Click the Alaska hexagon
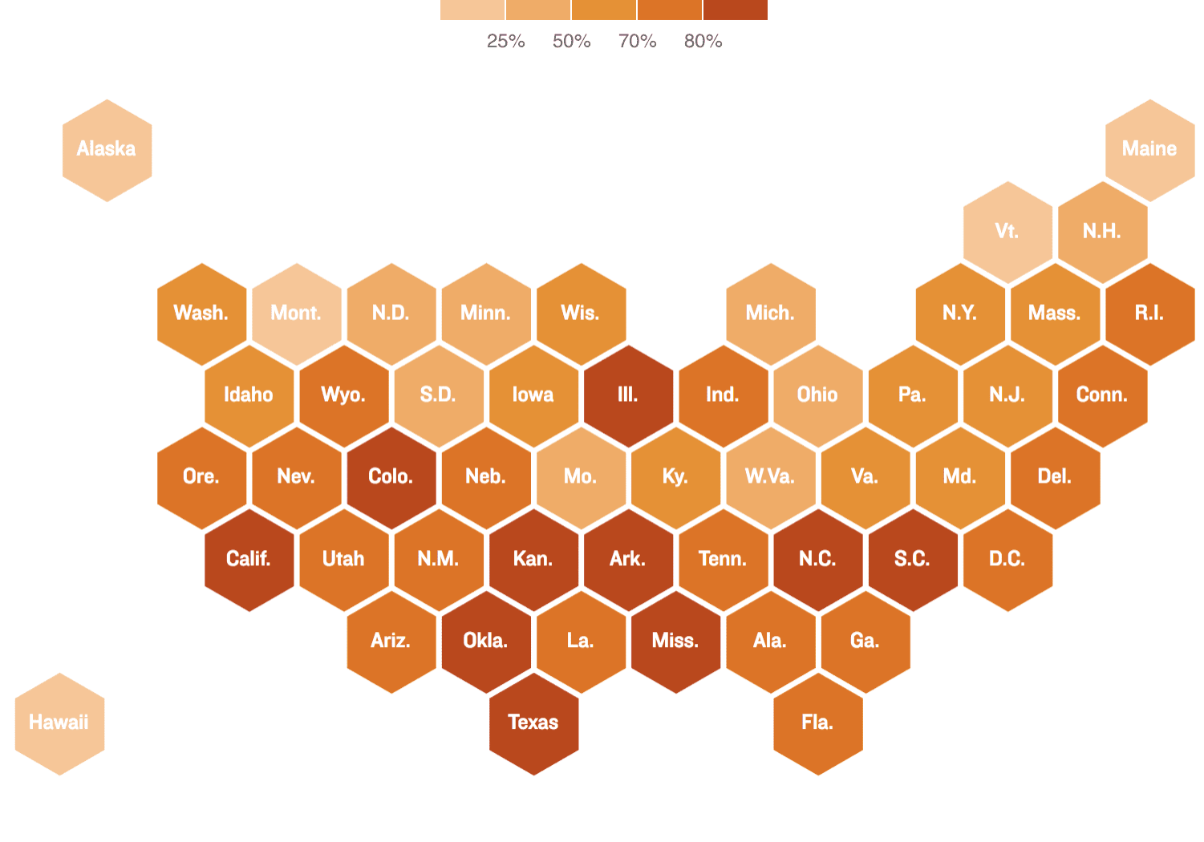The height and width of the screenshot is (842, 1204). pos(107,150)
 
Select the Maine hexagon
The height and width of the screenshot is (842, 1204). pos(1149,150)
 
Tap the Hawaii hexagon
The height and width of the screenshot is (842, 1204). pos(59,723)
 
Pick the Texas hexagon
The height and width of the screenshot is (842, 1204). pos(533,723)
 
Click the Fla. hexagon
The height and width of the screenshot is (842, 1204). pos(817,723)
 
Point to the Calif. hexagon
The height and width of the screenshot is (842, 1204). pos(249,560)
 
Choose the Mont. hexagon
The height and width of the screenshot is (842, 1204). pos(296,314)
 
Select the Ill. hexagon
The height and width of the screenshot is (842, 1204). pos(628,395)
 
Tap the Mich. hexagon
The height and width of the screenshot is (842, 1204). pos(770,314)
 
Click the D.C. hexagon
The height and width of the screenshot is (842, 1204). pos(1007,560)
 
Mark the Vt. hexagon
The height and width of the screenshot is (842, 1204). pos(1007,232)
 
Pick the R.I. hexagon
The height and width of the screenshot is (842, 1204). pos(1149,314)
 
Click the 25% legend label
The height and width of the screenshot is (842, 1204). pos(505,41)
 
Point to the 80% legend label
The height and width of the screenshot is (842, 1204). pos(703,41)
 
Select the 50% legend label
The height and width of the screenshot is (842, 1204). pos(571,41)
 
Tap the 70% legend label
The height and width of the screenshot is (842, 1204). pos(637,41)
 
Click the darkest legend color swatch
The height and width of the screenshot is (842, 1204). pos(736,10)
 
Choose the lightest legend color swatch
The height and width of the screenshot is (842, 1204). pos(472,10)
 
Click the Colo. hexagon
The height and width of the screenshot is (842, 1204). pos(391,477)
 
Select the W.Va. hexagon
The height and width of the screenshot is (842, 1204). pos(770,477)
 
